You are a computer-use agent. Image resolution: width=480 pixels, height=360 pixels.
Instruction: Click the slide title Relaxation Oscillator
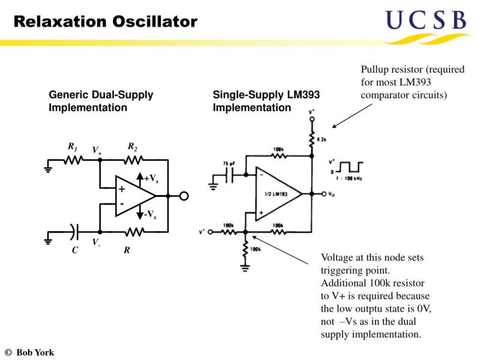(105, 22)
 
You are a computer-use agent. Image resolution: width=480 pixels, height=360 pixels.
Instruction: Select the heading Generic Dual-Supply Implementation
(101, 101)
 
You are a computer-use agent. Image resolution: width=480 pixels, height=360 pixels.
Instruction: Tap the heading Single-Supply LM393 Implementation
(266, 101)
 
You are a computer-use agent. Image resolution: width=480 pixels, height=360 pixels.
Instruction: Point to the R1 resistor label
(72, 146)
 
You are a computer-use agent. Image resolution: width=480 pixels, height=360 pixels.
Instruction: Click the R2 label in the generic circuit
(133, 146)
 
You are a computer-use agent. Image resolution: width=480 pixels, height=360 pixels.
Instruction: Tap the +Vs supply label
(151, 178)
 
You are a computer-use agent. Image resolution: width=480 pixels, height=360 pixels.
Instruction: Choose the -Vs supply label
(151, 215)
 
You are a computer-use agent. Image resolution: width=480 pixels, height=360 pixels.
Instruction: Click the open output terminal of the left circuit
(184, 196)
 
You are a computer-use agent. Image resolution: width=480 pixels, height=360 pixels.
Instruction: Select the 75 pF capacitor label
(229, 164)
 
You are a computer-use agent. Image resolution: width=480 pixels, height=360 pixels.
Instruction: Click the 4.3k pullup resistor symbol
(311, 139)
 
